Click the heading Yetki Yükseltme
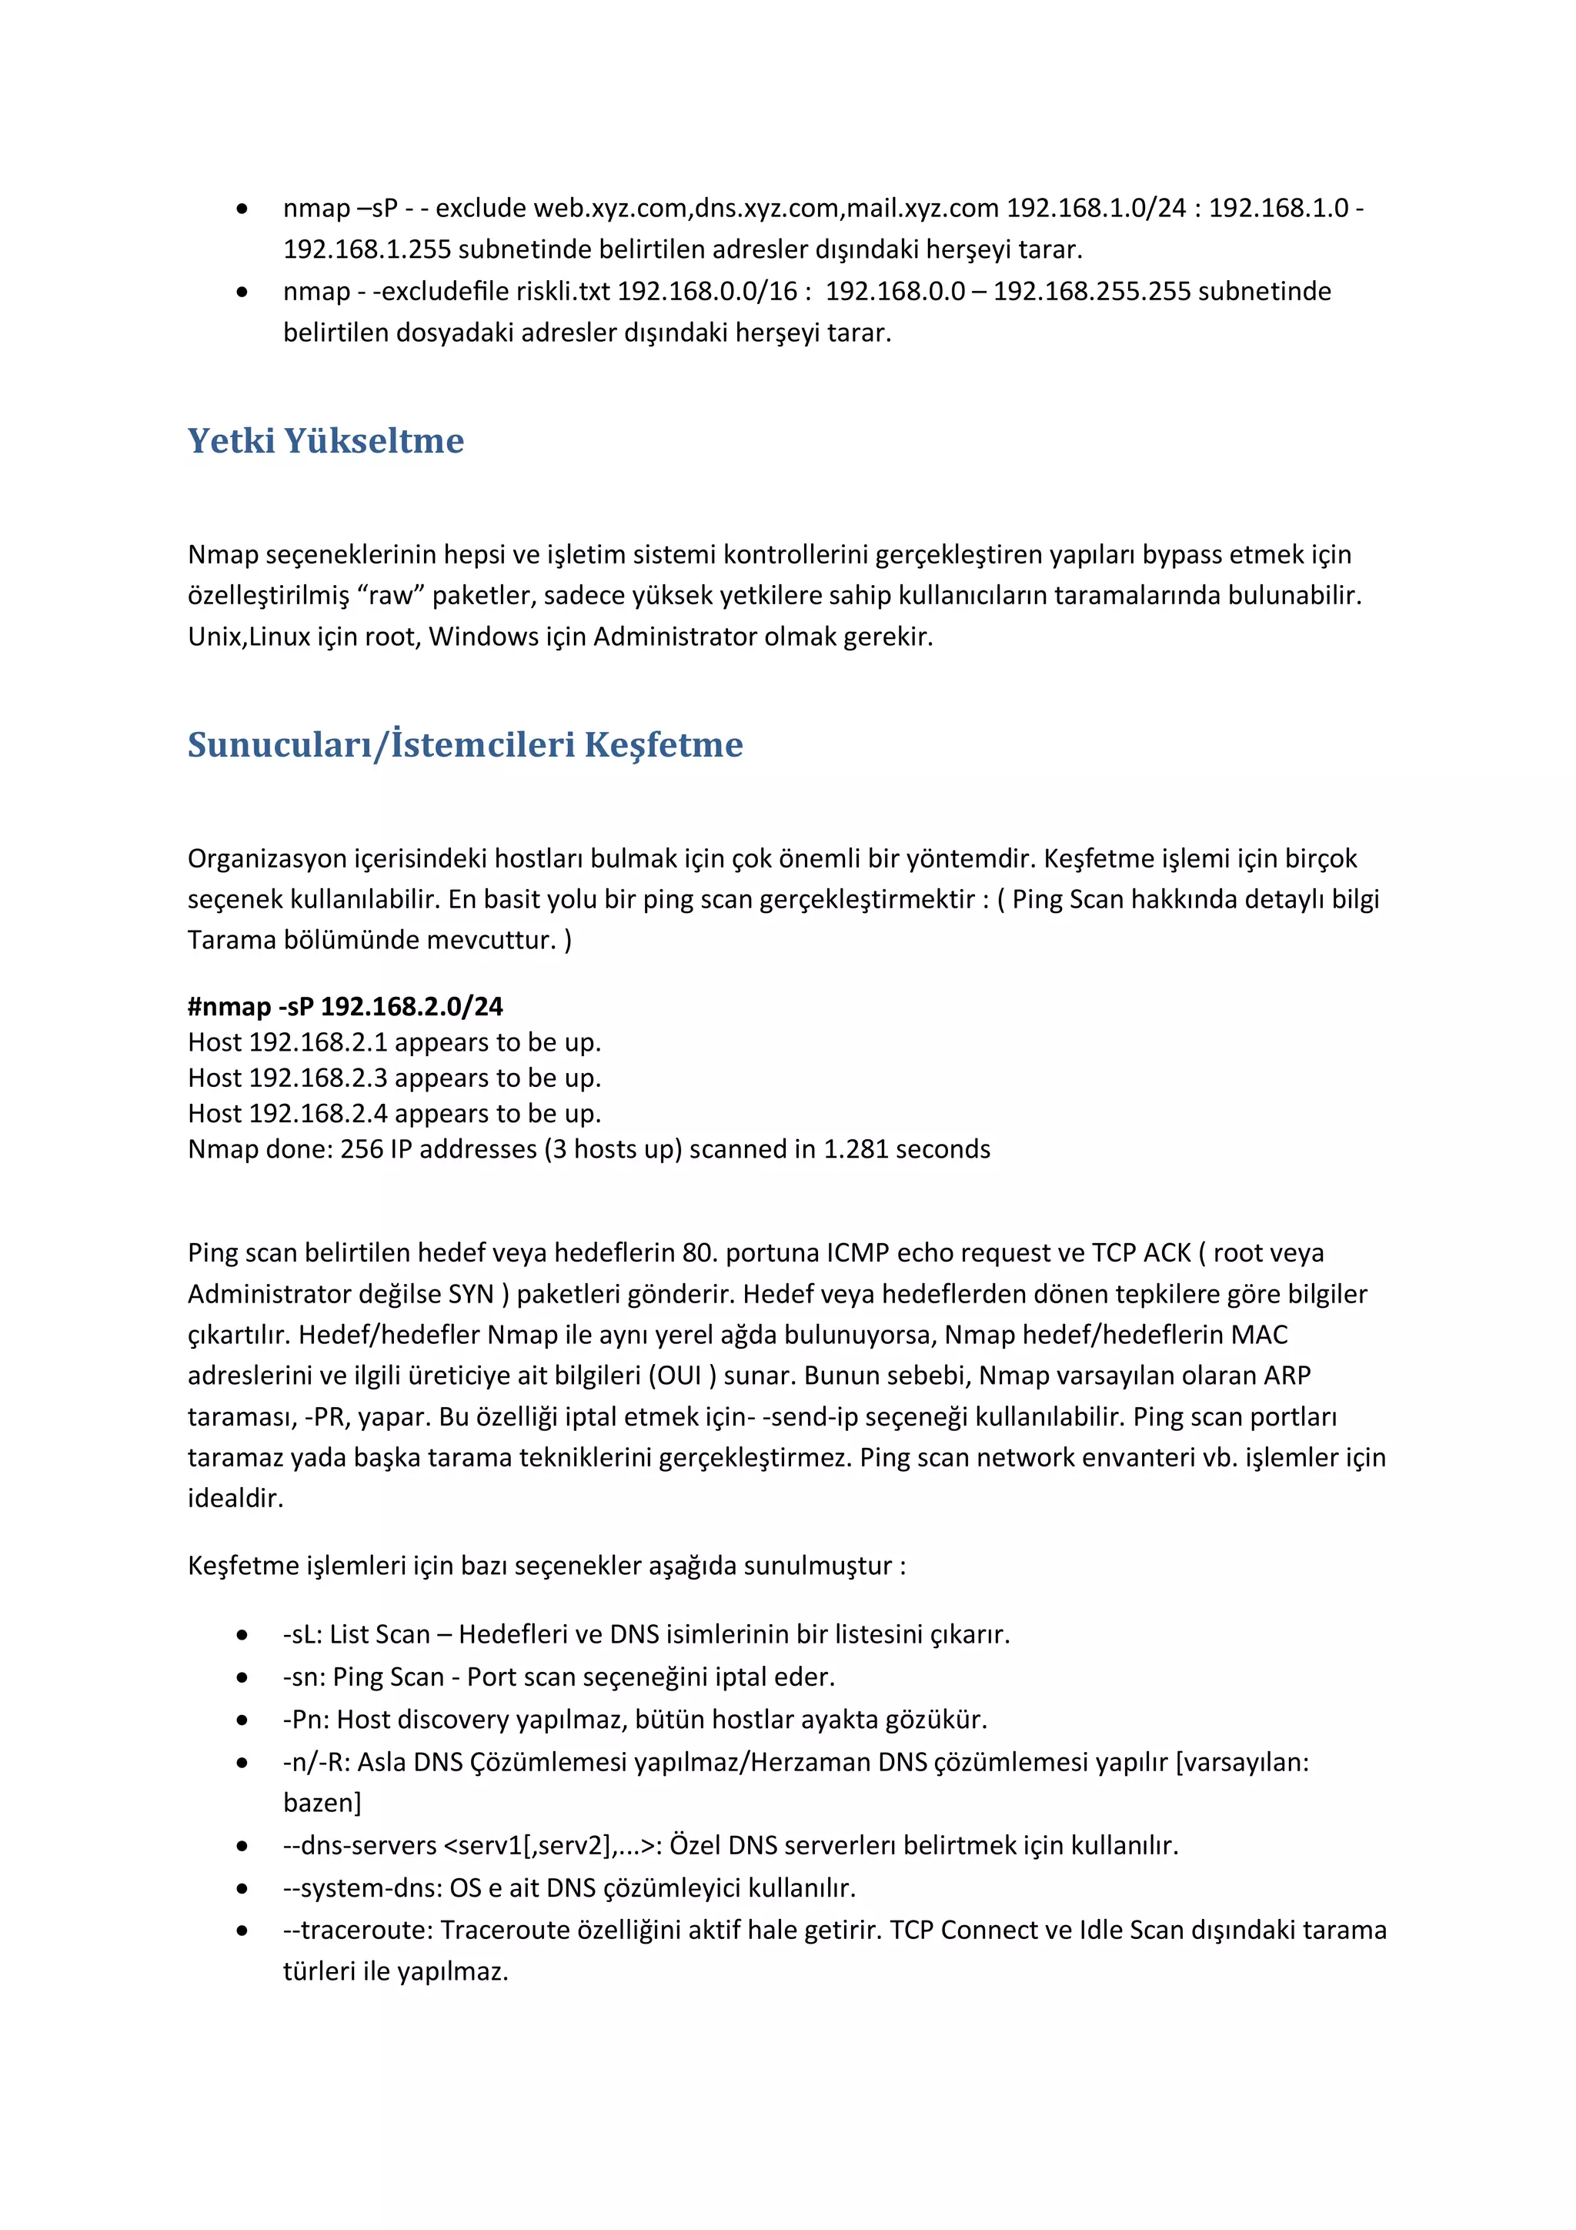(326, 441)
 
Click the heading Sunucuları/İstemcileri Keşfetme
(465, 745)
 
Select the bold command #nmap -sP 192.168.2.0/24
(345, 1006)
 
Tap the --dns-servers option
(359, 1845)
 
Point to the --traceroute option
(357, 1930)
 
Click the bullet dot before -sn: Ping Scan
(242, 1677)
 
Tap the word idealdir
(235, 1498)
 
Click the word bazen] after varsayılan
(322, 1803)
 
